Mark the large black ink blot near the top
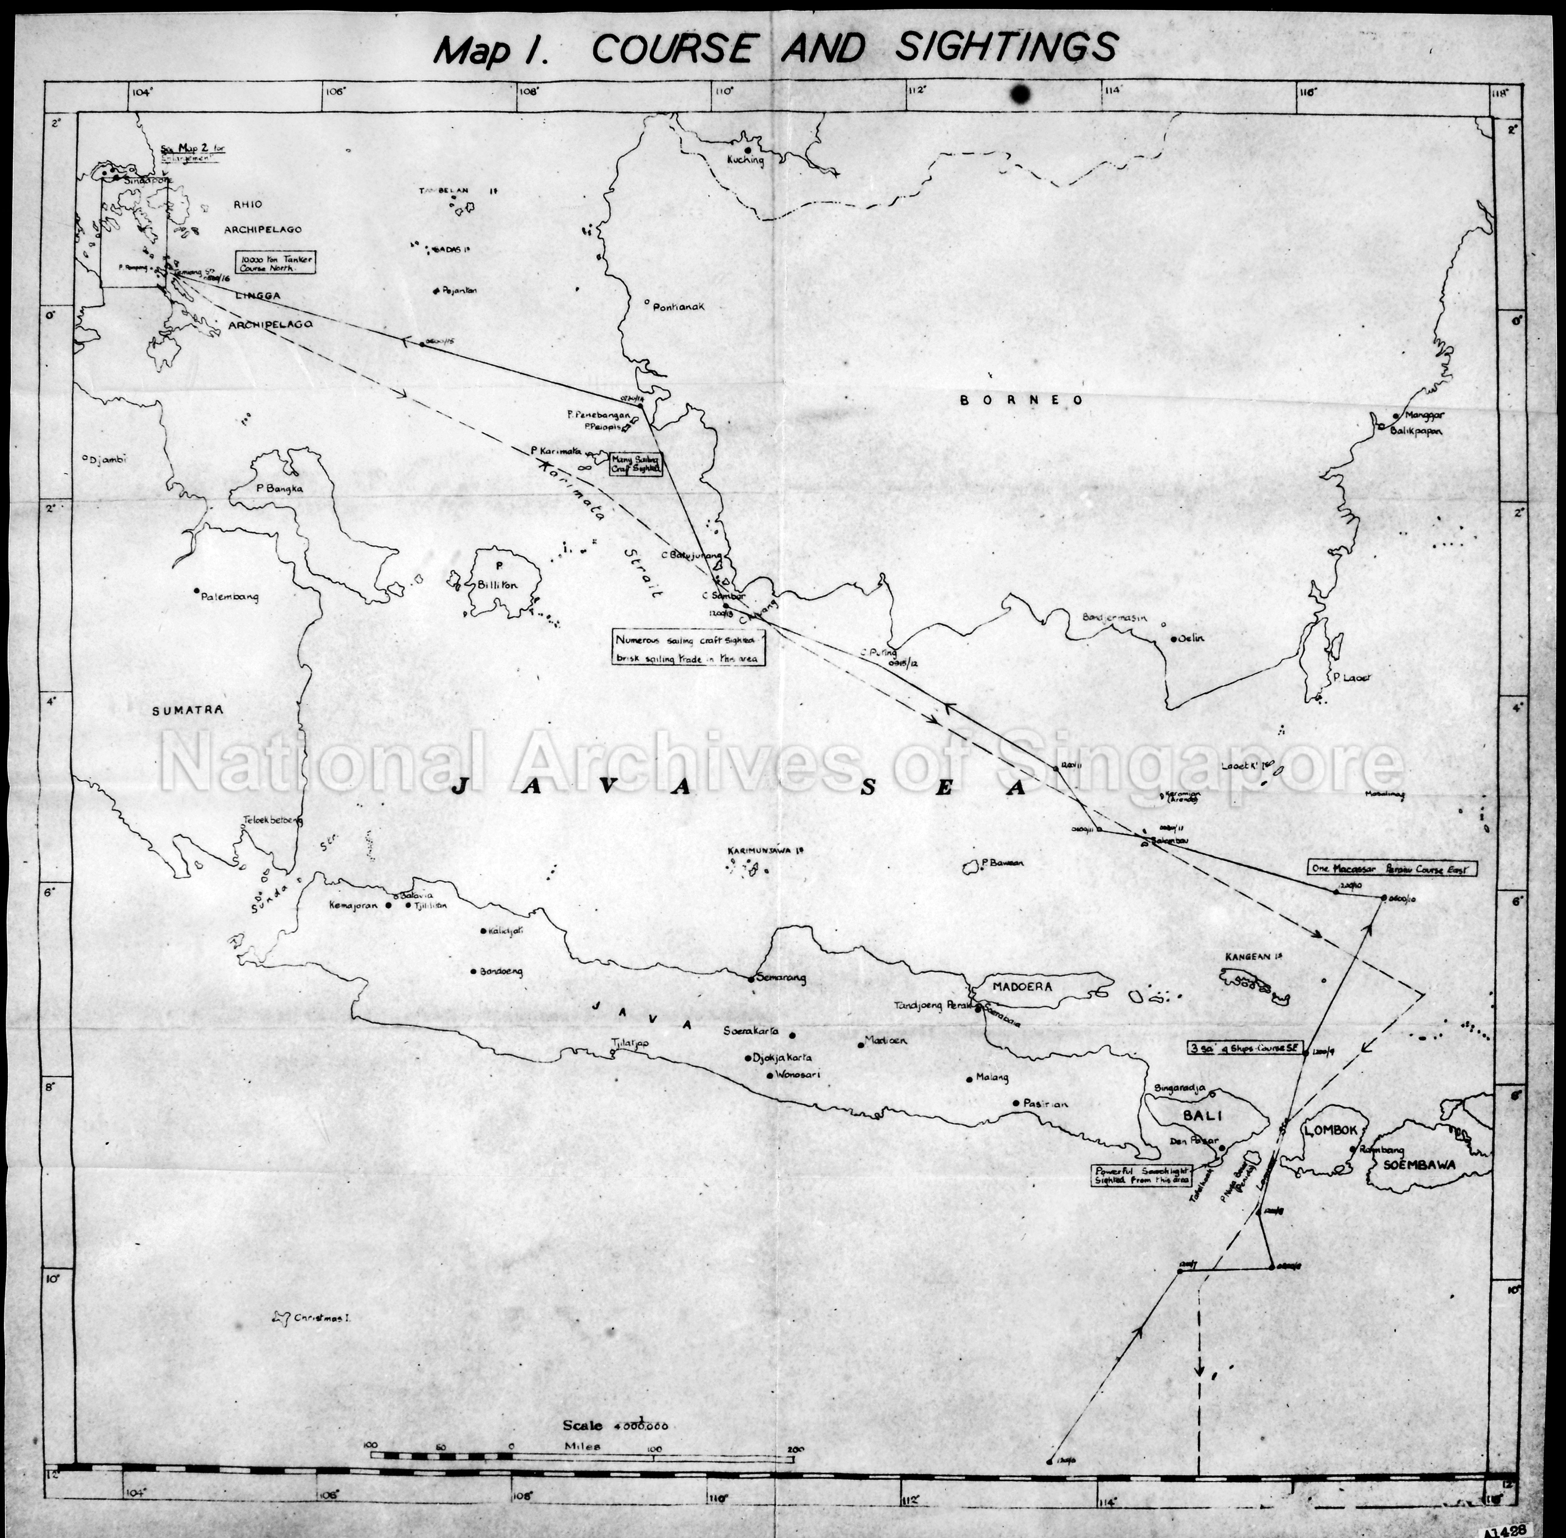click(1020, 95)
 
